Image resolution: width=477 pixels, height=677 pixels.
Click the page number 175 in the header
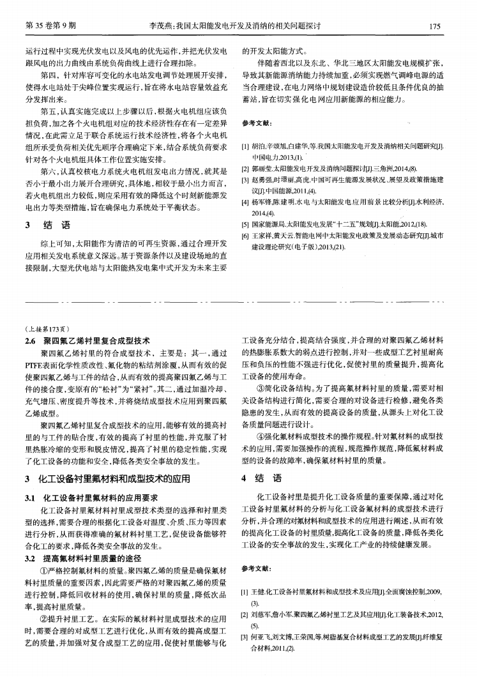click(436, 26)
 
